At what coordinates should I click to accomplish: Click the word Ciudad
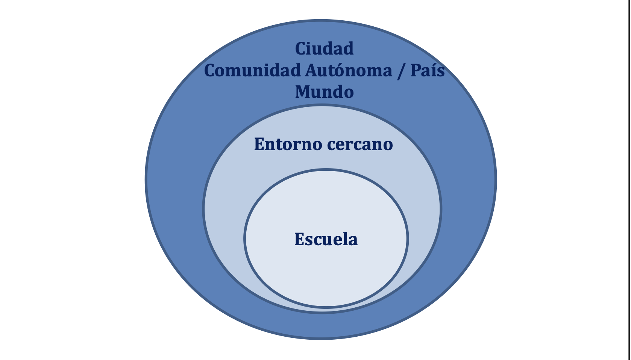(324, 49)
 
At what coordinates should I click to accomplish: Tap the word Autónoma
(349, 70)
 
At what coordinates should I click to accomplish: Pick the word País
(428, 70)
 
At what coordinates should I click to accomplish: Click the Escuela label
(326, 239)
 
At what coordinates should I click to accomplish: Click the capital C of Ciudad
(300, 49)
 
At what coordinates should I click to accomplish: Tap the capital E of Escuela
(299, 239)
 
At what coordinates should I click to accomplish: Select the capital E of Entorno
(259, 144)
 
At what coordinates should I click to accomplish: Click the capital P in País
(415, 70)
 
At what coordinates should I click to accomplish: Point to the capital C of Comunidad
(210, 70)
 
